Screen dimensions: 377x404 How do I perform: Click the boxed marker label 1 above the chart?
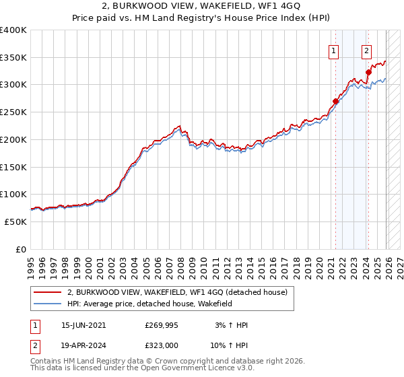click(x=333, y=50)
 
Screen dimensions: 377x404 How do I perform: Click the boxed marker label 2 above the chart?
click(x=366, y=50)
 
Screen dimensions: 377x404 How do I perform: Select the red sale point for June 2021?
click(x=335, y=102)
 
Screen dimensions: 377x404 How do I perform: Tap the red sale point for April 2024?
click(x=368, y=73)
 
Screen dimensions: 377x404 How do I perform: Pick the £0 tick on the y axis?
click(x=22, y=250)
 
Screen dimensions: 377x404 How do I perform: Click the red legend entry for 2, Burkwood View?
click(x=177, y=292)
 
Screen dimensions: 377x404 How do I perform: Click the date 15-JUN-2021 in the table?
click(x=83, y=325)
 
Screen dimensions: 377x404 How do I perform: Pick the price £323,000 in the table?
click(x=161, y=345)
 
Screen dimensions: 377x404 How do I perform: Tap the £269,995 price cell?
click(x=161, y=325)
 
